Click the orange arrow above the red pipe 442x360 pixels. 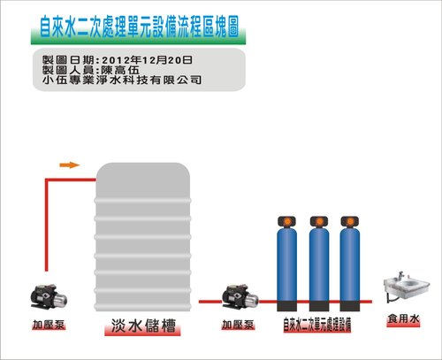[x=70, y=165]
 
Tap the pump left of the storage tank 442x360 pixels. [x=49, y=296]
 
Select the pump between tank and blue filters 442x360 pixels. [x=240, y=296]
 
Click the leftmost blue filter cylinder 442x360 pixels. [x=287, y=264]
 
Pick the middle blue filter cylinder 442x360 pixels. [x=319, y=264]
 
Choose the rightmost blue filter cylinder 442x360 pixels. [x=350, y=264]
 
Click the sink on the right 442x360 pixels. [x=407, y=287]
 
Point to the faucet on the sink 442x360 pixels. [x=400, y=276]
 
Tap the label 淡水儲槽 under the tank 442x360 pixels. [x=143, y=326]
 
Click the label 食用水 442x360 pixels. [x=403, y=318]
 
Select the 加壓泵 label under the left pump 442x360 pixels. [x=49, y=325]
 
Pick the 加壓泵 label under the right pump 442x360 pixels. [x=238, y=325]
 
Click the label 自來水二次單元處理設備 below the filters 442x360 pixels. [x=317, y=325]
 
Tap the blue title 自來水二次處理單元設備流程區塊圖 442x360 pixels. [x=139, y=27]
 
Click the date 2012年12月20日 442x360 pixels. [x=147, y=60]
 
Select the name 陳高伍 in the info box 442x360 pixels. [x=120, y=70]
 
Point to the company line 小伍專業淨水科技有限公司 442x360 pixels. [x=122, y=80]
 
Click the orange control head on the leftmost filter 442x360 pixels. [x=287, y=221]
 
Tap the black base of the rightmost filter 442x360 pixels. [x=350, y=306]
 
